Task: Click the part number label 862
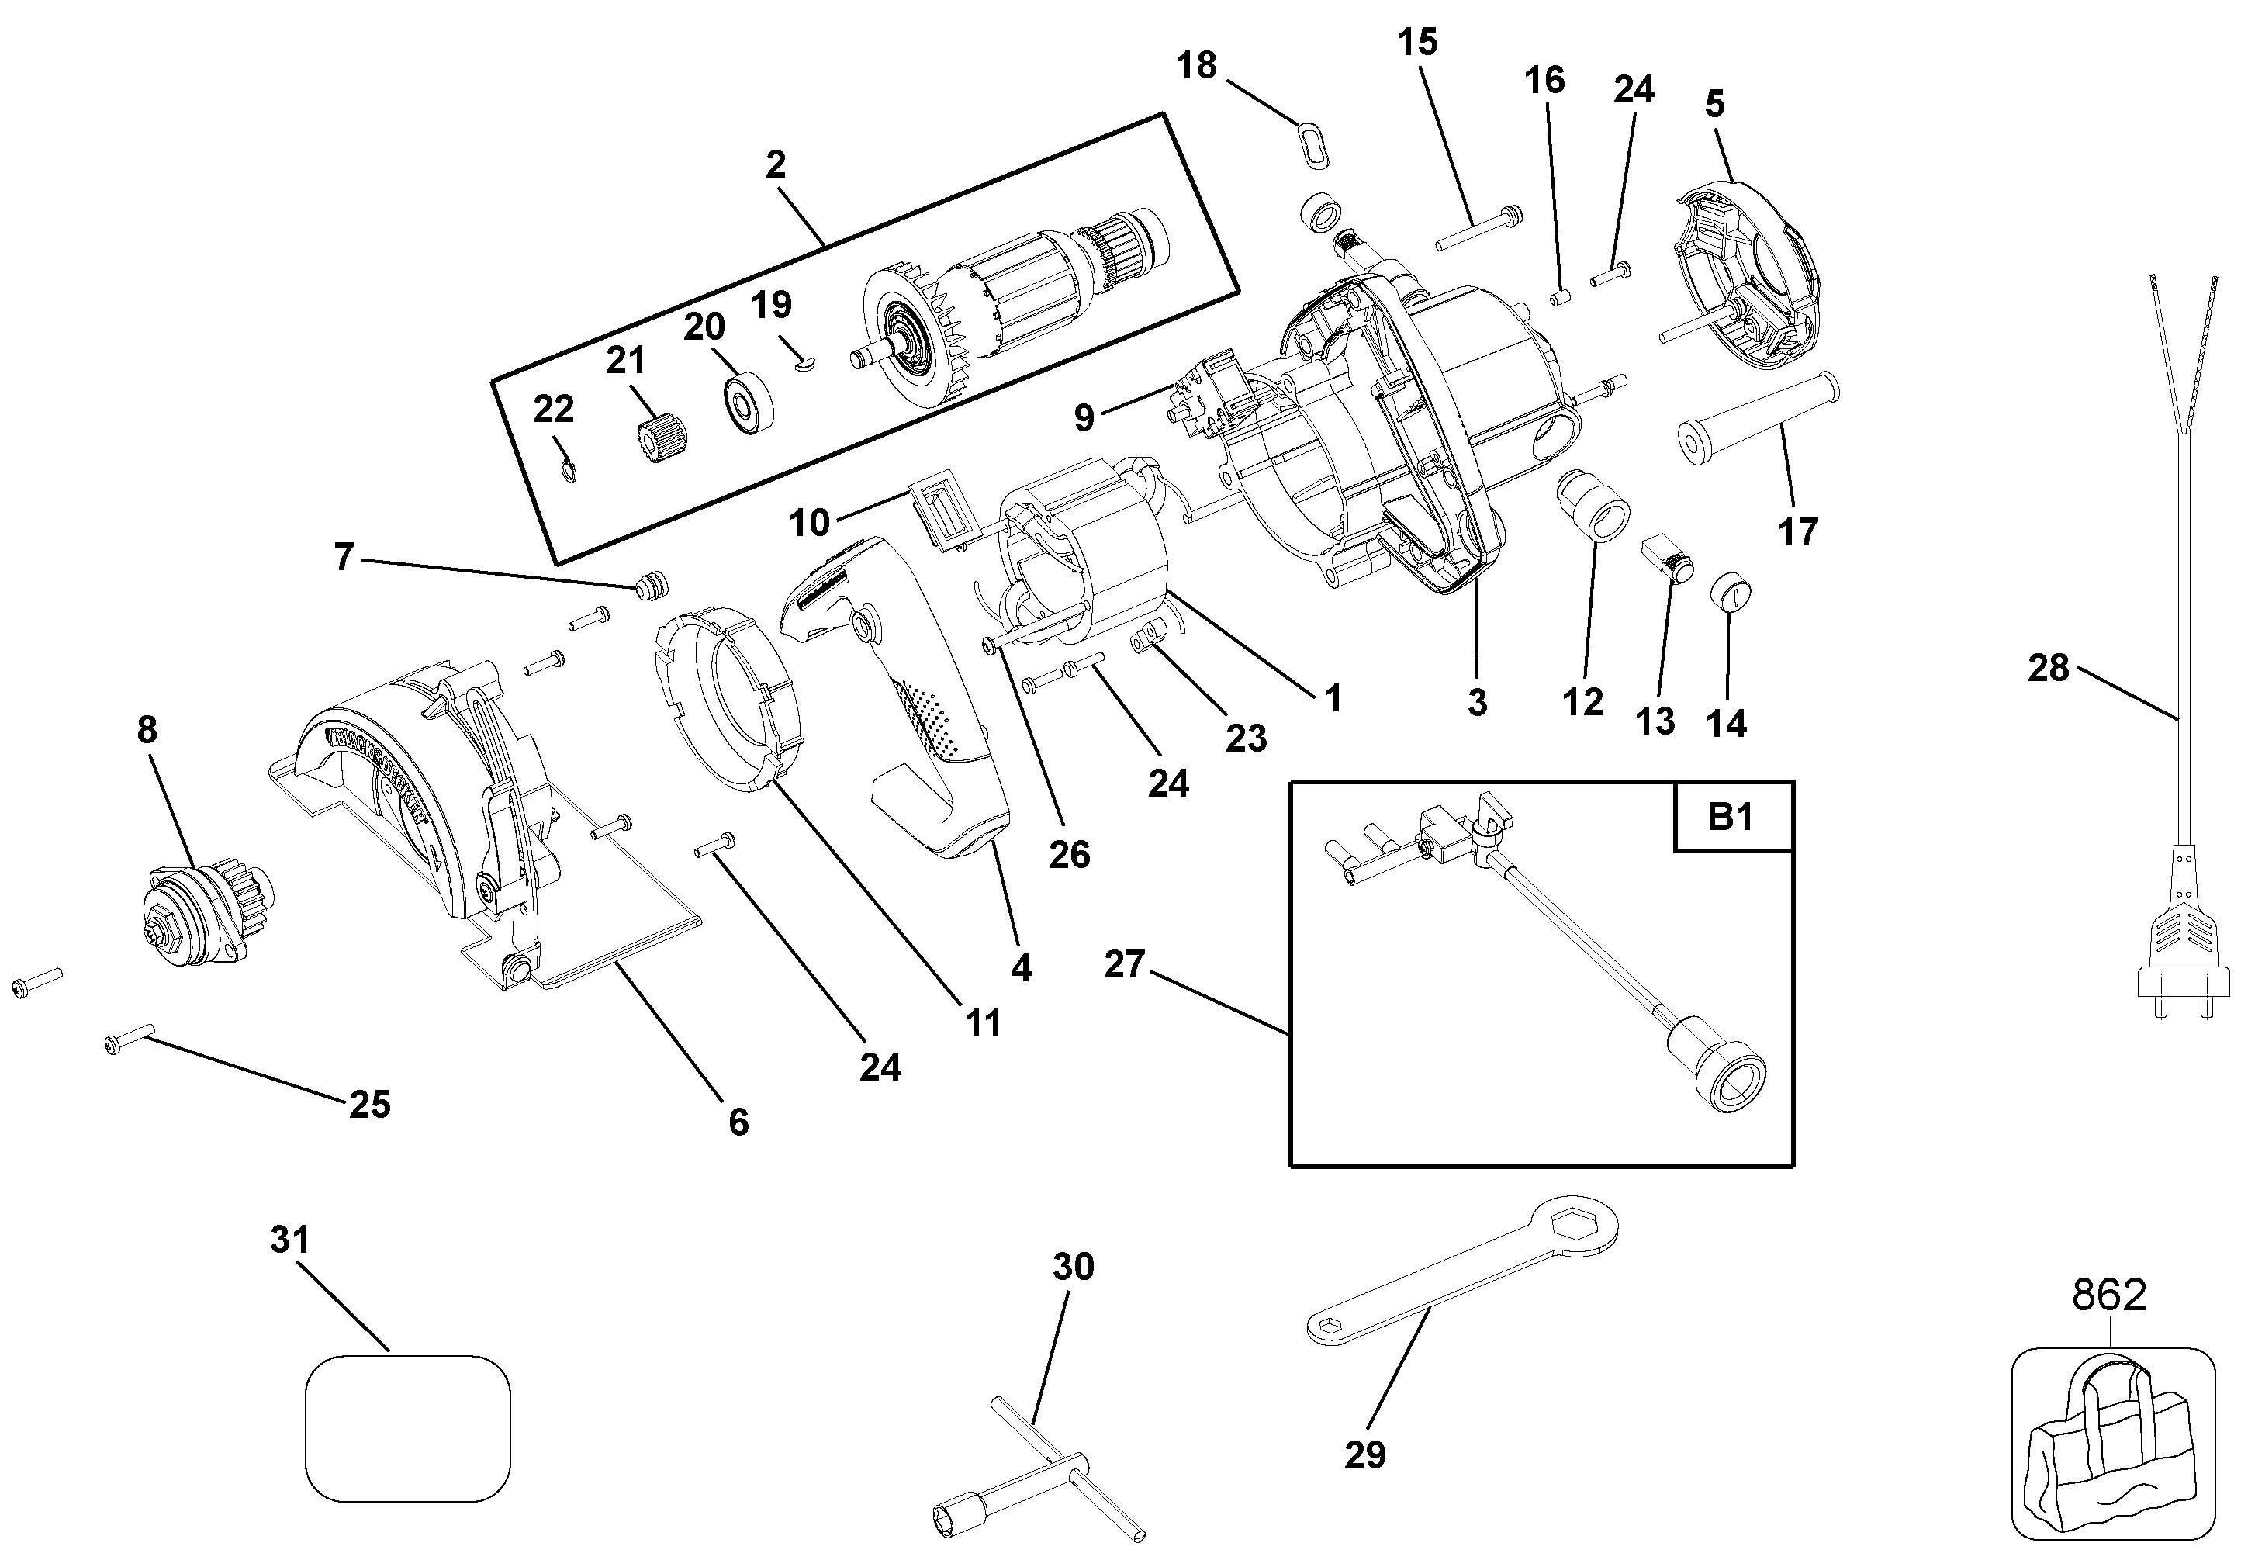[2108, 1295]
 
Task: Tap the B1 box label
[1731, 816]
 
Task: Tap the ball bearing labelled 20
[747, 401]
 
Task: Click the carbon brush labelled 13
[1669, 558]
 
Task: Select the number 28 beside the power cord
[2048, 669]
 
